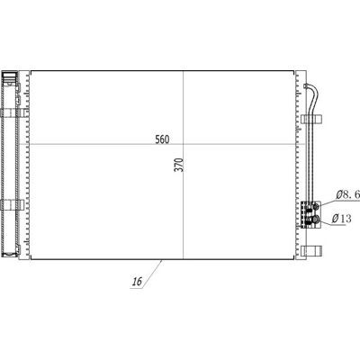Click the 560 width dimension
pyautogui.click(x=162, y=139)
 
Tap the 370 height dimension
pyautogui.click(x=179, y=165)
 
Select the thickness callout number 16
pyautogui.click(x=137, y=282)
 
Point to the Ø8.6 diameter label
pyautogui.click(x=347, y=195)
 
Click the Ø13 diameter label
pyautogui.click(x=341, y=219)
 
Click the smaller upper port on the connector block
pyautogui.click(x=316, y=206)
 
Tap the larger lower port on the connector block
pyautogui.click(x=315, y=220)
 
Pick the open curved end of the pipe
pyautogui.click(x=305, y=86)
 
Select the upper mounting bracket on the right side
pyautogui.click(x=311, y=119)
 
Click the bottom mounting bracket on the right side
pyautogui.click(x=311, y=251)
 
